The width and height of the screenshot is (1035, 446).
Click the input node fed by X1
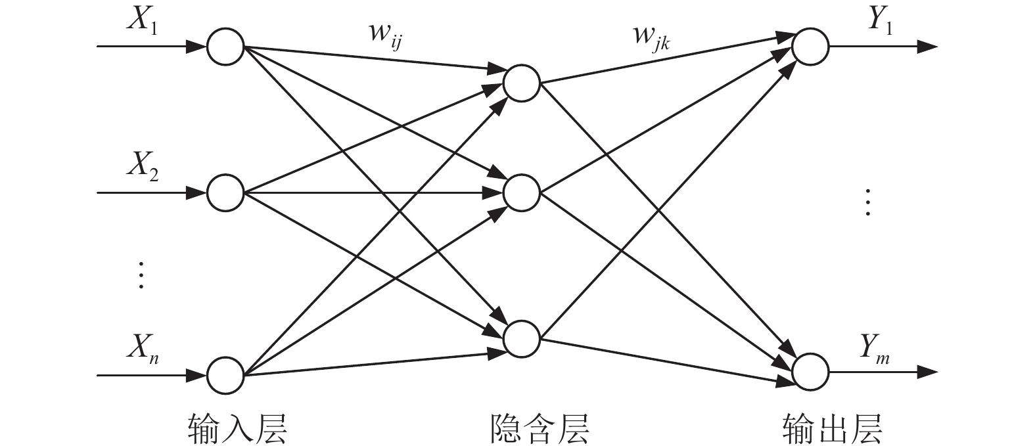[x=225, y=47]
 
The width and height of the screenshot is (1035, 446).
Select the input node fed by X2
[x=225, y=192]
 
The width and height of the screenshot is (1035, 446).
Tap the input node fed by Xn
[x=225, y=375]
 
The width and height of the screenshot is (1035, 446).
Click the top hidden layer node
[x=522, y=83]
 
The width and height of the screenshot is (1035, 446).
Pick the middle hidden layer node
[x=522, y=192]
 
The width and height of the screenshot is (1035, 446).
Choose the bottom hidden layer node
[x=522, y=338]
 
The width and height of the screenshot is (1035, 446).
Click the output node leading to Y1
[x=810, y=47]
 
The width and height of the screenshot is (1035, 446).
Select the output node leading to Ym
[x=810, y=372]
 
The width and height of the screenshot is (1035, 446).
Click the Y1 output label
[x=880, y=21]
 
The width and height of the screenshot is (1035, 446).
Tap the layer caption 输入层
[x=238, y=428]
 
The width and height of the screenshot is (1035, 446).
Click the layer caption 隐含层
[x=540, y=428]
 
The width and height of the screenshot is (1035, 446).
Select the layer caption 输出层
[x=832, y=428]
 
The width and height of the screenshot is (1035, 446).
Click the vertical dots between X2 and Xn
[x=140, y=275]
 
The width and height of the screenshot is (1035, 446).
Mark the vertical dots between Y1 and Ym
[x=868, y=202]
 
